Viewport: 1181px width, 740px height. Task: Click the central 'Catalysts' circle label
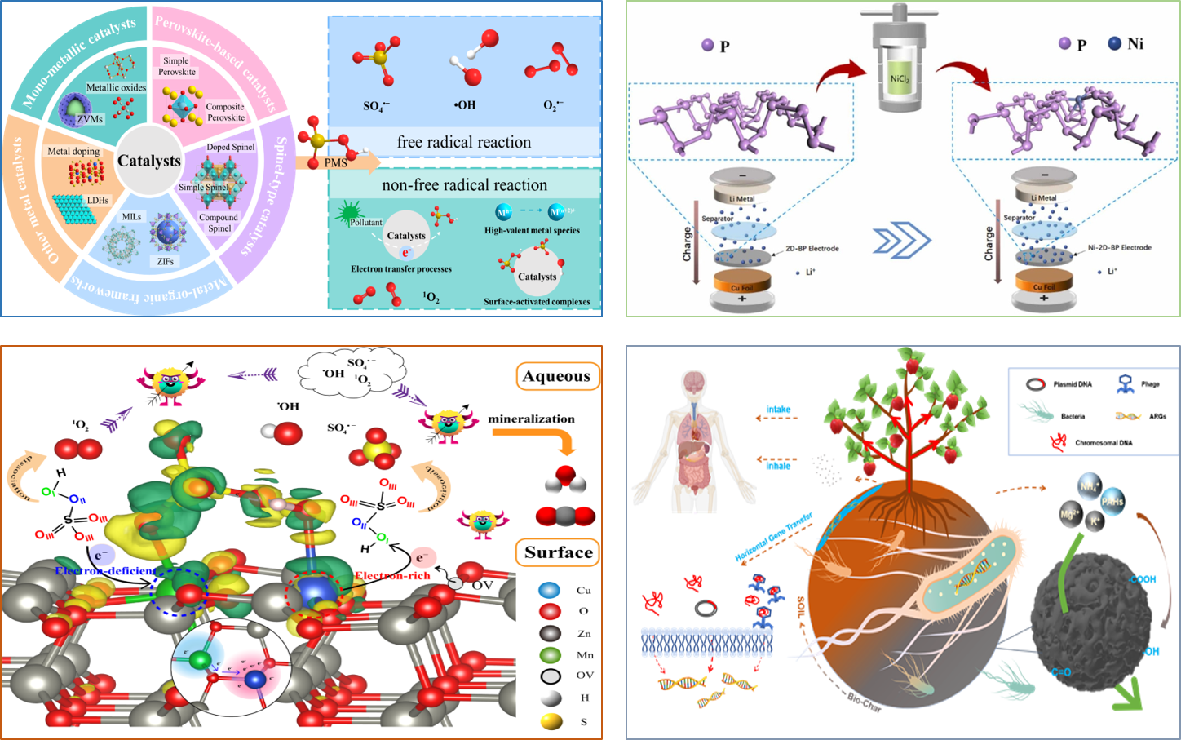(x=149, y=161)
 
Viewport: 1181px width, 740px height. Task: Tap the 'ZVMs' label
(x=91, y=119)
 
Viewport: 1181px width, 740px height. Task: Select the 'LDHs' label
(x=98, y=200)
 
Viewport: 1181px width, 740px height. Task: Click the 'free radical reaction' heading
(x=463, y=143)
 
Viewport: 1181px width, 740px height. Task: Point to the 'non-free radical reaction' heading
(x=464, y=185)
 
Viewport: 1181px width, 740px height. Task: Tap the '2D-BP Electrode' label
(x=812, y=248)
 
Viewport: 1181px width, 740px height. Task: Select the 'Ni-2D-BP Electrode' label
(x=1119, y=247)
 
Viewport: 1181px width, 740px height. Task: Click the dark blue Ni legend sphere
(x=1115, y=43)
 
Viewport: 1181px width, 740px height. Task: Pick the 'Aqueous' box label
(x=557, y=376)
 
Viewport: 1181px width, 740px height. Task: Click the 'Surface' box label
(x=559, y=552)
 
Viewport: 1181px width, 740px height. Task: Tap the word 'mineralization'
(x=531, y=419)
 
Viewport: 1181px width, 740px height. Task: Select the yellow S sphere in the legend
(x=551, y=721)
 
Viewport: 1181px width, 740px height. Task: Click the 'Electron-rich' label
(x=392, y=575)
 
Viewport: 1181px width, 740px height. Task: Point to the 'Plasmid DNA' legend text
(x=1073, y=384)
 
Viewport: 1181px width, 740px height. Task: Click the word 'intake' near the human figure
(x=778, y=410)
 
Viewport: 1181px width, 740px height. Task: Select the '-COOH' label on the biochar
(x=1142, y=579)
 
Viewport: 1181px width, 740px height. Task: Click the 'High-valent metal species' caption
(x=532, y=230)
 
